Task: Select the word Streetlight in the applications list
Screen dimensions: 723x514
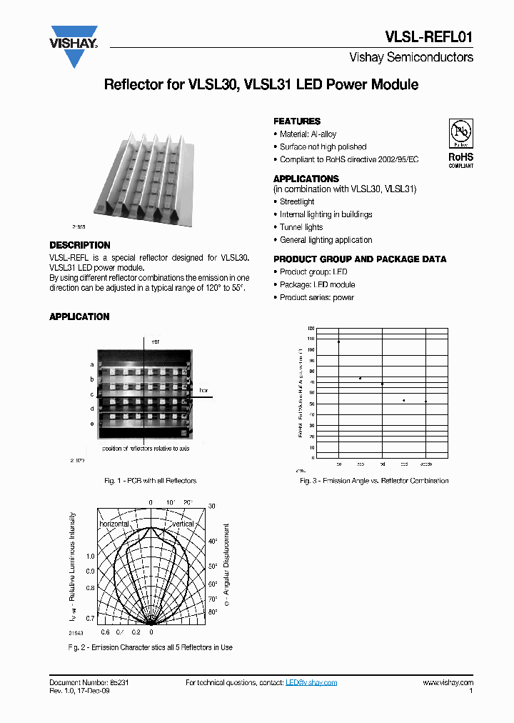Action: point(297,202)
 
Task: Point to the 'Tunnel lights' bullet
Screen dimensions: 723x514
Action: point(301,227)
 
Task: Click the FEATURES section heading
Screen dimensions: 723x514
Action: point(297,121)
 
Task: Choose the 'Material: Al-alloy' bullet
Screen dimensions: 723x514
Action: point(308,134)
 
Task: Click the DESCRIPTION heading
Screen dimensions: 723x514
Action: point(80,245)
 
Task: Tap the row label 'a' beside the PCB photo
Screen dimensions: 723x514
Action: point(92,364)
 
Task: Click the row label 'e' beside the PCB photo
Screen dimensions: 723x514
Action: point(92,424)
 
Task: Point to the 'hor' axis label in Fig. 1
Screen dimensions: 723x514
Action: point(203,391)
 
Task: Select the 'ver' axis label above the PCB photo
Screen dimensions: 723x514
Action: point(156,342)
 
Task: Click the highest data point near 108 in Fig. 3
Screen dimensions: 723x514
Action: point(338,341)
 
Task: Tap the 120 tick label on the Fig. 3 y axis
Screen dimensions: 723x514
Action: point(311,328)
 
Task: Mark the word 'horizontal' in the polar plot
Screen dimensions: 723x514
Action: point(114,524)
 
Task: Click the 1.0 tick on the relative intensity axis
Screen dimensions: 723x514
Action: point(90,556)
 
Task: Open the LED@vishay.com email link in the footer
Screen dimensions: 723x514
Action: point(311,683)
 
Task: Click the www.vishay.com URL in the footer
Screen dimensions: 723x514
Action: point(448,683)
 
